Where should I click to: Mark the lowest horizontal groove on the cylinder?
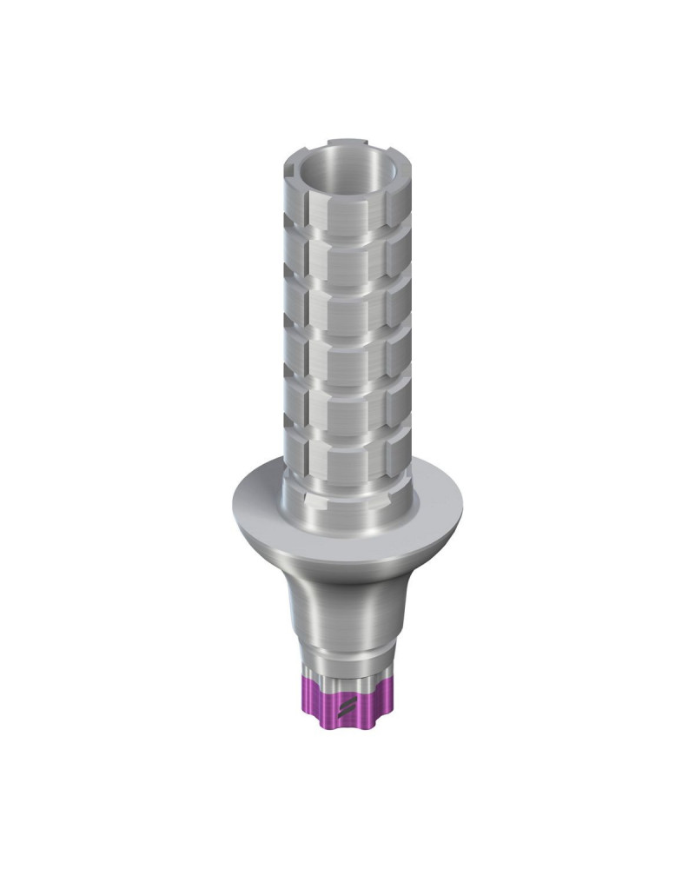click(x=347, y=432)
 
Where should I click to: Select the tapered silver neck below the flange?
click(x=347, y=600)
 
